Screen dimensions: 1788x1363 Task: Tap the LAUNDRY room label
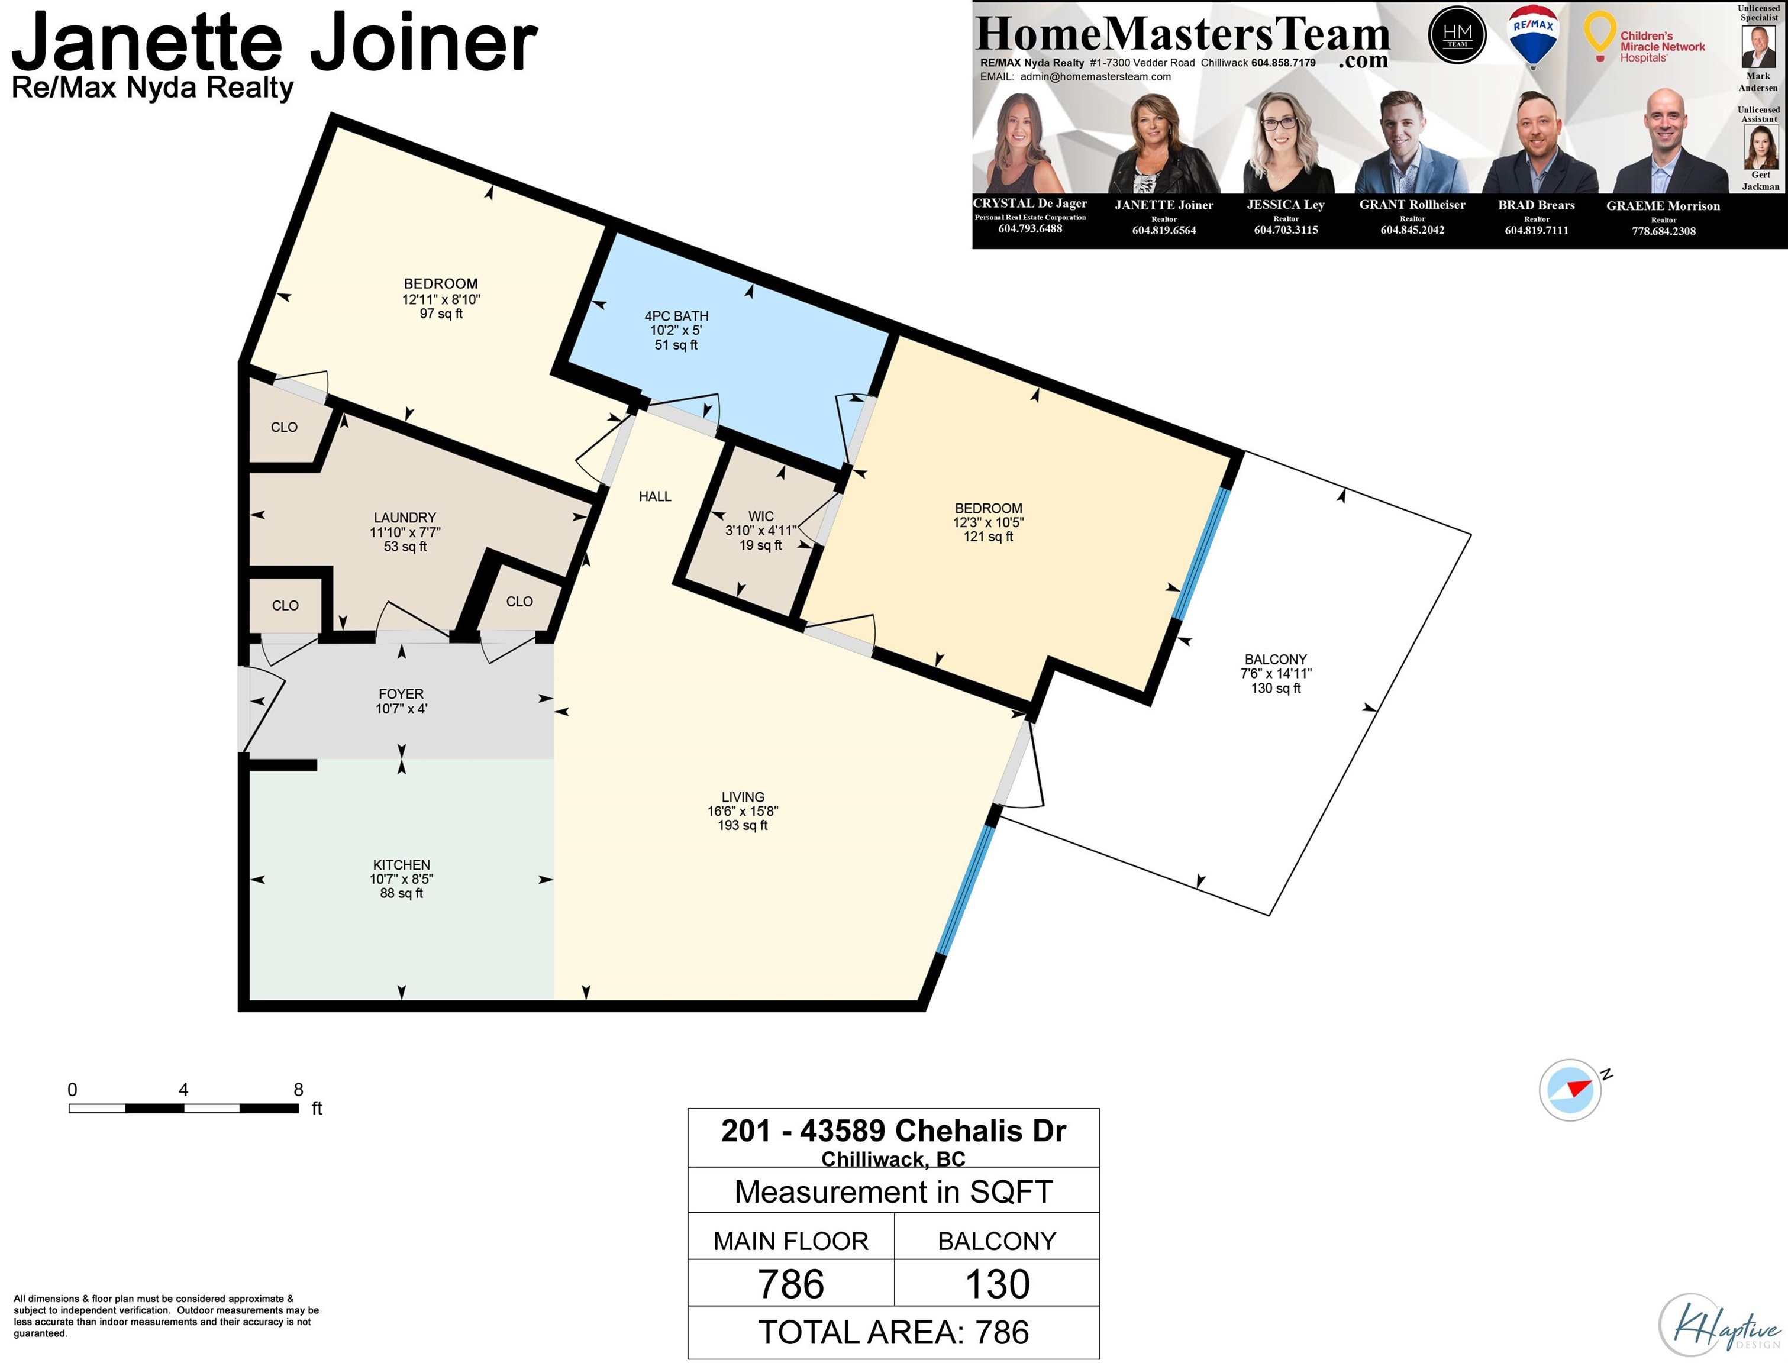(405, 518)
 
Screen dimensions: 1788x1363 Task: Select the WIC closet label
(761, 516)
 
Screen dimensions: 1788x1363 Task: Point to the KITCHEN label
(402, 865)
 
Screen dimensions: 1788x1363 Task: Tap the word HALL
(656, 496)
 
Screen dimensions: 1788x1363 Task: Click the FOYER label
(401, 694)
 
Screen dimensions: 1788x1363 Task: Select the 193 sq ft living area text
(743, 825)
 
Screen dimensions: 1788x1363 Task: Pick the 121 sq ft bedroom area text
(988, 537)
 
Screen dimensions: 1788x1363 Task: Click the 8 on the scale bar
(299, 1090)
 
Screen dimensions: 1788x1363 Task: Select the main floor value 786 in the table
(791, 1284)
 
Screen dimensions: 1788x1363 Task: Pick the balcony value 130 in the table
(997, 1284)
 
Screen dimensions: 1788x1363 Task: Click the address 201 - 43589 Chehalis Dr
(893, 1130)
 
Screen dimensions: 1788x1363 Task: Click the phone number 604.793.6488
(1030, 229)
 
